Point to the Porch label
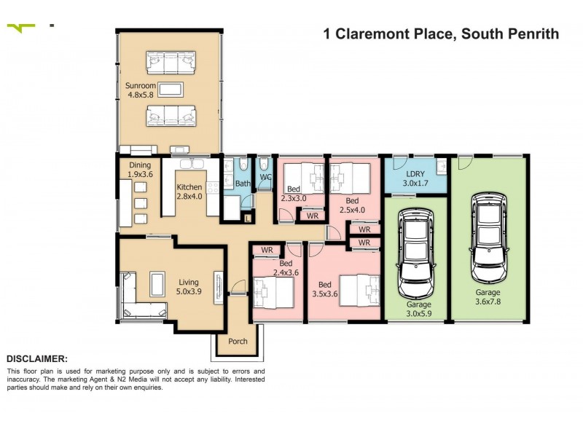238,341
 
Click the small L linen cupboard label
248,218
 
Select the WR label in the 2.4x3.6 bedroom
267,250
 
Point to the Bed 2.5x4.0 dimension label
352,205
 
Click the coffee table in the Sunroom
171,90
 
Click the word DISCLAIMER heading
36,358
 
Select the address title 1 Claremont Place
440,34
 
